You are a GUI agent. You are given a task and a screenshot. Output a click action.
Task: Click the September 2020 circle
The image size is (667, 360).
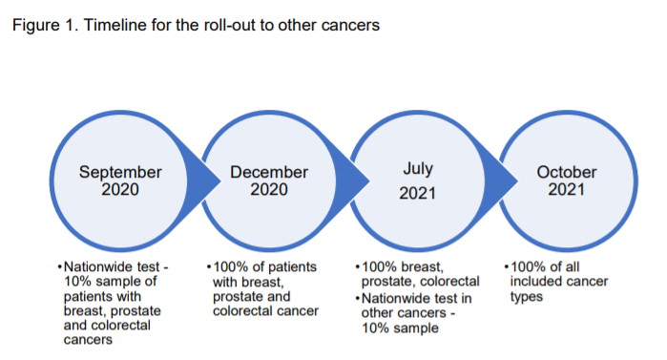pos(120,181)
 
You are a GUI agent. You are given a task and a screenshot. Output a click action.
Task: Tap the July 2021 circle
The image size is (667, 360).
pos(418,181)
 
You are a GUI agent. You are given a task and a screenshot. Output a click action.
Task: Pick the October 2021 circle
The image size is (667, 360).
pos(566,181)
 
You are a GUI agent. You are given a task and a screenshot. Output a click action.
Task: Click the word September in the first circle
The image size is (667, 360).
pos(120,173)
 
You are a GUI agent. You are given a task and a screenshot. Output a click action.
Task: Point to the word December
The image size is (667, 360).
pos(269,173)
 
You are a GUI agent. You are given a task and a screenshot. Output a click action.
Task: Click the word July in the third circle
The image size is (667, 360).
pos(418,169)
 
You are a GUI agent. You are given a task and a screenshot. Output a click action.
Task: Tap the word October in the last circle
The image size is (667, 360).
pos(566,173)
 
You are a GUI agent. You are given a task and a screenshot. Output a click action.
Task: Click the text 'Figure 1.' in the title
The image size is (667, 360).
pos(41,26)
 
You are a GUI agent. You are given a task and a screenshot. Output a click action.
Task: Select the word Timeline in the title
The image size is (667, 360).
pos(114,26)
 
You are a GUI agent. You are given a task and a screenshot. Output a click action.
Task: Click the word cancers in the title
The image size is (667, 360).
pos(348,26)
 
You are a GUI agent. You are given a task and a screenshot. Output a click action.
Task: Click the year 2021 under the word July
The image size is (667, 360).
pos(418,194)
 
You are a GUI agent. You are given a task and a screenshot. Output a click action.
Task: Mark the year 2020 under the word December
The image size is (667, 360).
pos(269,189)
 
